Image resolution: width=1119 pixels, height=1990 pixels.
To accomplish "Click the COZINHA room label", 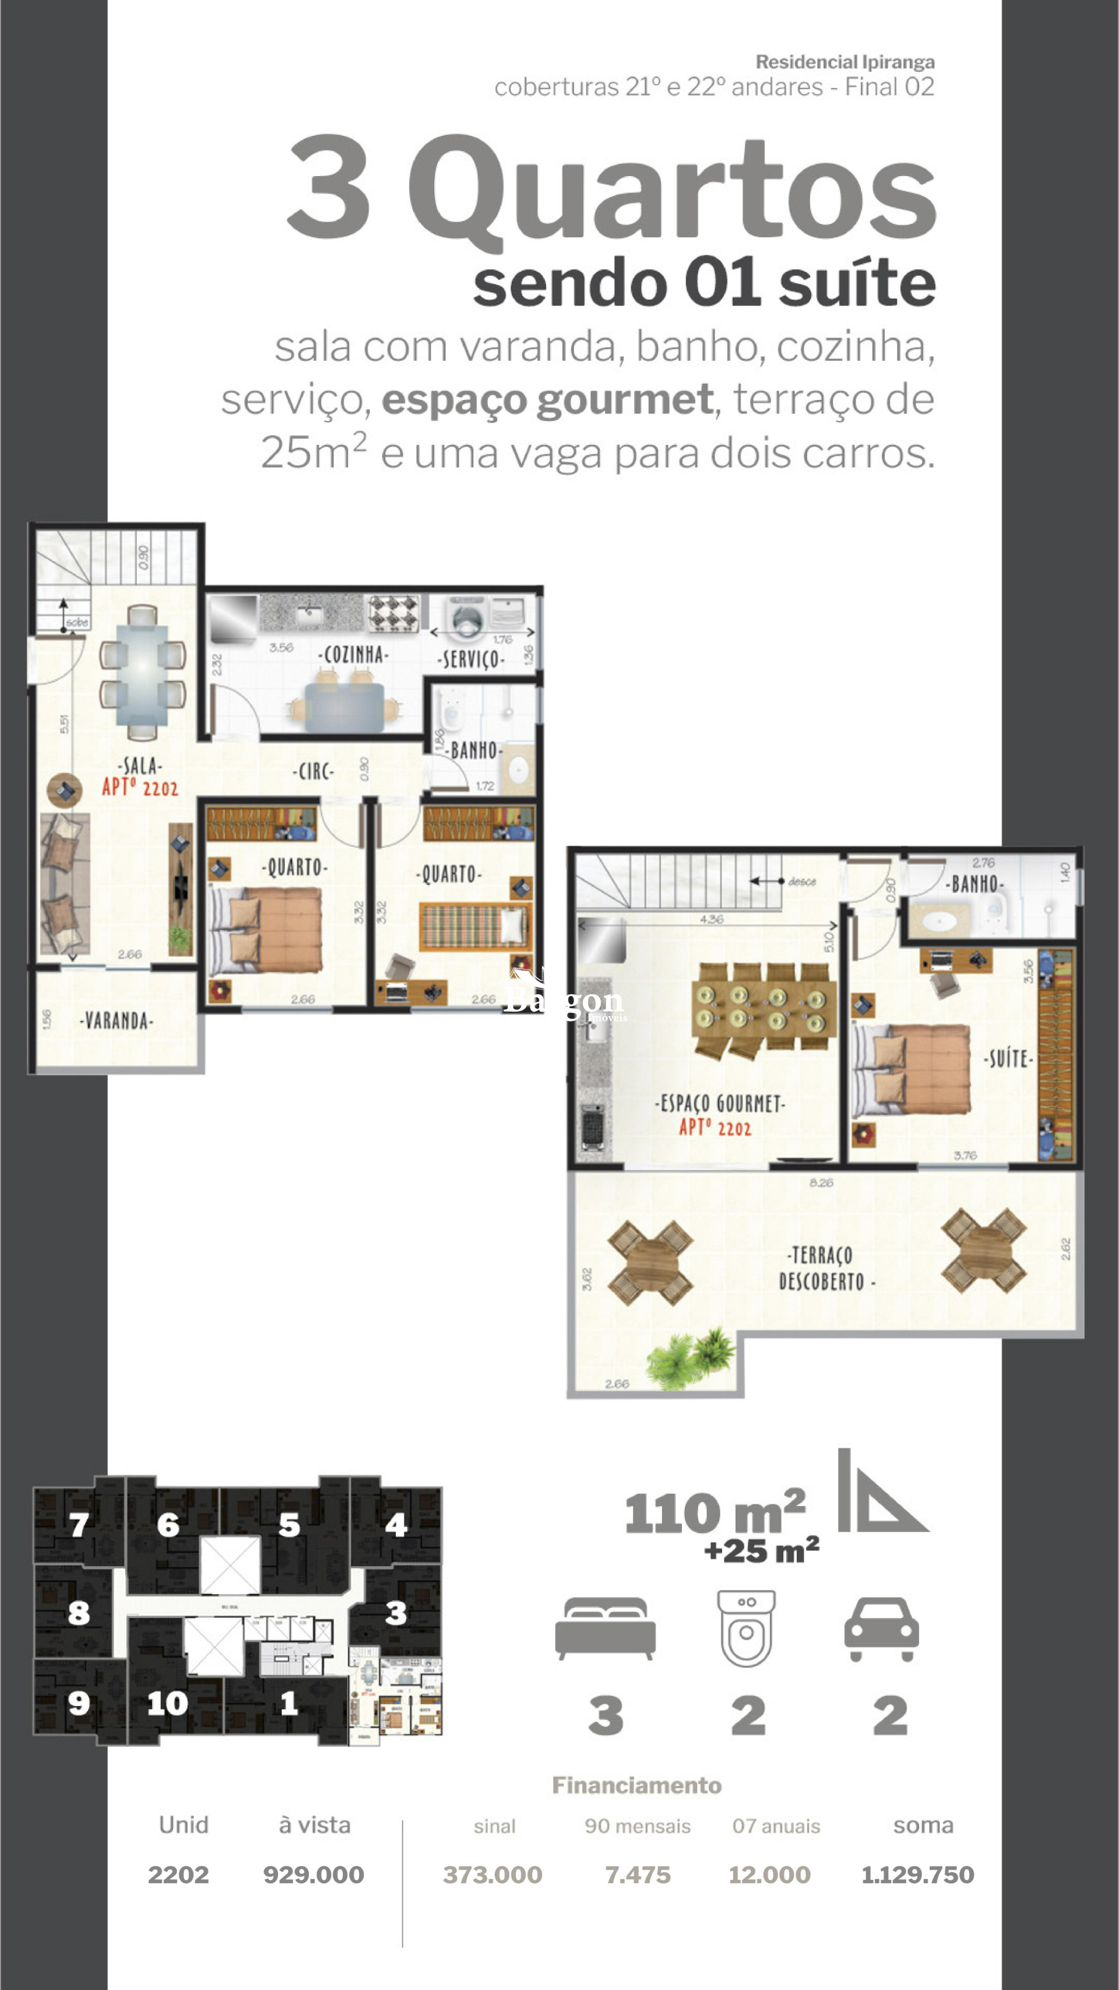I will coord(354,655).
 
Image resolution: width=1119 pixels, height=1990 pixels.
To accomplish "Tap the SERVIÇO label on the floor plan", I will coord(470,659).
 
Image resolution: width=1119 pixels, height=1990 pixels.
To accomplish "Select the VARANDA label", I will coord(117,1022).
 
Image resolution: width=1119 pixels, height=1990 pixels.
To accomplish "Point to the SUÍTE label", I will coord(1008,1058).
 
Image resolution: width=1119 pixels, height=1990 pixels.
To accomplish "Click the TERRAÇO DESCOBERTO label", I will coord(824,1269).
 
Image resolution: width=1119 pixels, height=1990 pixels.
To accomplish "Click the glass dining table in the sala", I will coord(142,673).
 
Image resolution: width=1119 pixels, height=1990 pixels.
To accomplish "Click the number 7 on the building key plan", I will coord(78,1525).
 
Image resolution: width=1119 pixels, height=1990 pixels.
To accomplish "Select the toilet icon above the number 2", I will coord(746,1628).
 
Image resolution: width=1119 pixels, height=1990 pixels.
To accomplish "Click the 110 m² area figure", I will coord(715,1514).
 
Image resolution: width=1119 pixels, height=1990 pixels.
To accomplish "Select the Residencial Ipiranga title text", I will coord(845,62).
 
